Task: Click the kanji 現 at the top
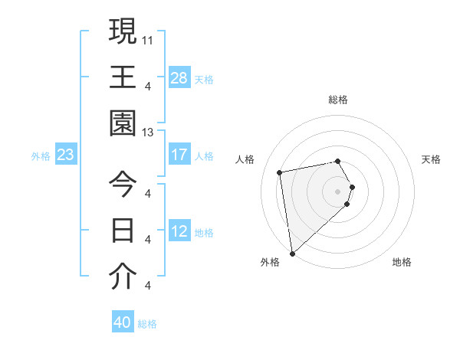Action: click(x=122, y=31)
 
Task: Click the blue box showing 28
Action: click(x=179, y=78)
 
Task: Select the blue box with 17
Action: click(x=179, y=155)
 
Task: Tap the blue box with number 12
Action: click(x=179, y=231)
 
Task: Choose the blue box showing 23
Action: click(x=66, y=155)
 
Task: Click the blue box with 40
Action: click(x=123, y=322)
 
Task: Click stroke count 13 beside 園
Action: click(x=148, y=132)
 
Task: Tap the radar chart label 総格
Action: click(x=338, y=100)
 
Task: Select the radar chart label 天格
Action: click(x=432, y=159)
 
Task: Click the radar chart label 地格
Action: click(x=402, y=262)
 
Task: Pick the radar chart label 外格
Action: click(x=269, y=262)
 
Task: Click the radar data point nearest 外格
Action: click(x=292, y=253)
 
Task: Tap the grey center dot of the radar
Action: click(x=338, y=191)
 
